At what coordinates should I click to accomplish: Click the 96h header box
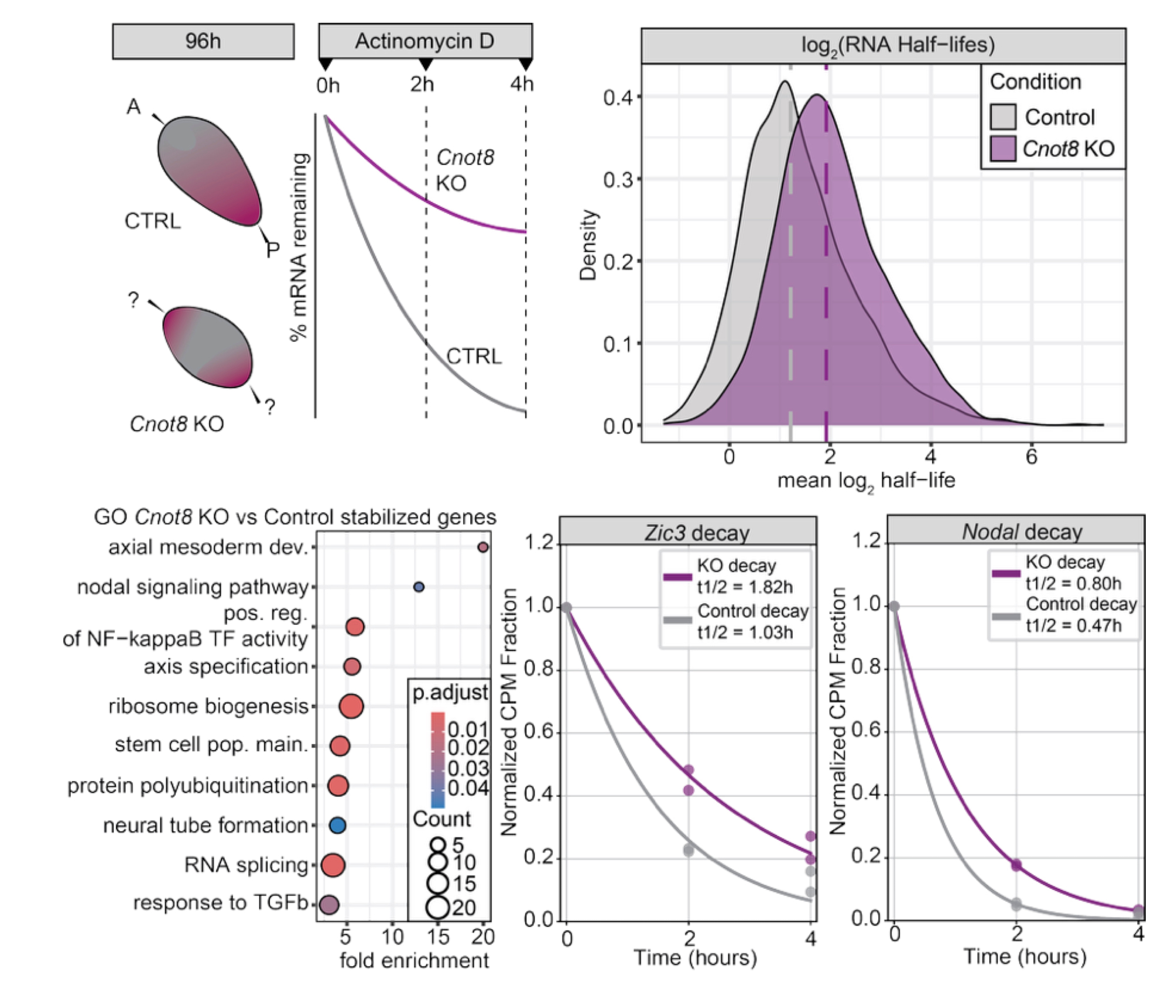pos(203,42)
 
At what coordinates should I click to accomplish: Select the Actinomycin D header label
pos(424,41)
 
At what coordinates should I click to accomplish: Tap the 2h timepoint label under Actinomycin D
pos(422,85)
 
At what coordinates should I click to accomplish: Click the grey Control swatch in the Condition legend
pos(1002,117)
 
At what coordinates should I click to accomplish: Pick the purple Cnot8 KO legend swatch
pos(1002,149)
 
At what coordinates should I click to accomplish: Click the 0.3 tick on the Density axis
pos(618,179)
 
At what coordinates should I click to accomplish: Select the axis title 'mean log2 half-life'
pos(866,481)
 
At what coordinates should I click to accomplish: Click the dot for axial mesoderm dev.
pos(483,547)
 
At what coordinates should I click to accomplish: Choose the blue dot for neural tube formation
pos(337,826)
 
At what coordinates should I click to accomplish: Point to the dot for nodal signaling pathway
pos(419,587)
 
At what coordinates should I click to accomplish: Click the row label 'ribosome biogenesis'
pos(208,706)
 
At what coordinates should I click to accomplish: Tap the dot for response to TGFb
pos(328,905)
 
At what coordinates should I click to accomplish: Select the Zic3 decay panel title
pos(697,533)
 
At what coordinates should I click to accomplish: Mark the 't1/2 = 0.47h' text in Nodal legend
pos(1074,625)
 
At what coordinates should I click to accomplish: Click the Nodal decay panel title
pos(1022,532)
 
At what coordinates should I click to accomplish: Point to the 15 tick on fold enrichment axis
pos(437,937)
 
